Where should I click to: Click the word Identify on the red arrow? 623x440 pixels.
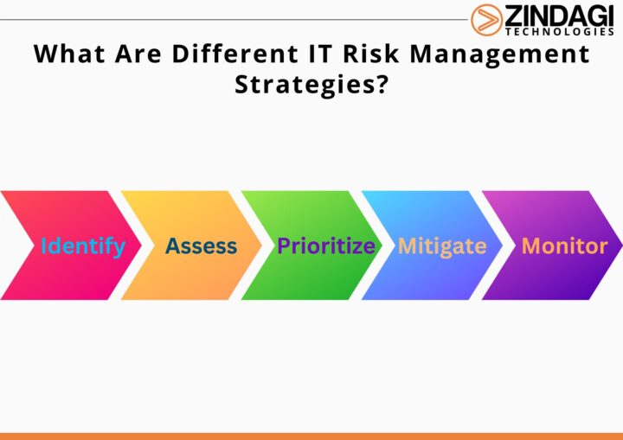(x=83, y=246)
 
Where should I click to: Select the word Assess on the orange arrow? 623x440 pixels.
(x=201, y=246)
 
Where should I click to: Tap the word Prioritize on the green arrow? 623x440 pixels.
(x=325, y=246)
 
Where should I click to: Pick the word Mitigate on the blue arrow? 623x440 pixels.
(x=442, y=246)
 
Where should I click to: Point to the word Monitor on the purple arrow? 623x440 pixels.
(x=564, y=246)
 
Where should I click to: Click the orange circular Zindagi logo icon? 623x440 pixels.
(x=486, y=19)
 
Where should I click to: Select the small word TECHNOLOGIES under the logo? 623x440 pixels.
(x=560, y=32)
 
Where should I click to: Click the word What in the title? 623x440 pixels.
(x=66, y=54)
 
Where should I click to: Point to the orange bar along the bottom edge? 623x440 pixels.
(x=311, y=436)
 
